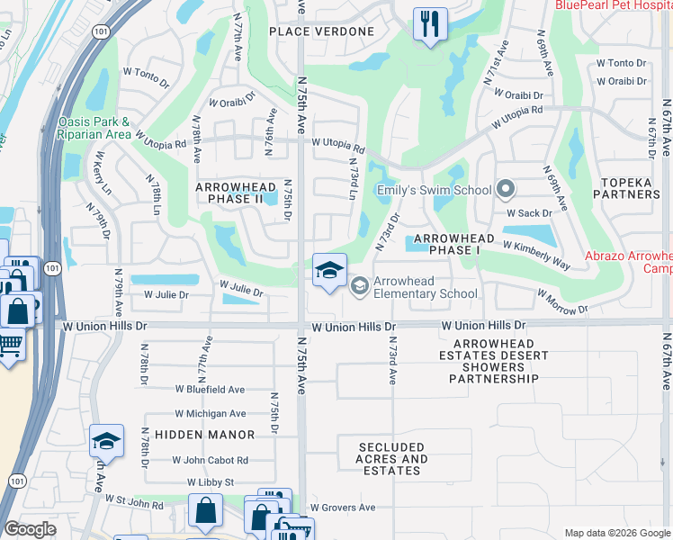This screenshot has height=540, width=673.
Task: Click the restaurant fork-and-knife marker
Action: tap(430, 23)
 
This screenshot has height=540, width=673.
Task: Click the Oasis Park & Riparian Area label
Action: tap(94, 128)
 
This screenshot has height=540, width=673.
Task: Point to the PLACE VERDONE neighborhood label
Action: tap(321, 31)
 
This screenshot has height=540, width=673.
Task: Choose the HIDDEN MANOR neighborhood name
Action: tap(204, 435)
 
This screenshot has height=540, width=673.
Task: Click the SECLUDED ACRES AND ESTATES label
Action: tap(392, 458)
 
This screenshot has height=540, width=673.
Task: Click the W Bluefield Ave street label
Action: tap(210, 390)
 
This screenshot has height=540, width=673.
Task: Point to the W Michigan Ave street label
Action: tap(210, 414)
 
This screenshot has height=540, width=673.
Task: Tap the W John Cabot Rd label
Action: tap(210, 460)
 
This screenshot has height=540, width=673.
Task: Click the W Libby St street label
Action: tap(210, 482)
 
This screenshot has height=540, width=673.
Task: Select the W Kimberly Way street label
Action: tap(536, 256)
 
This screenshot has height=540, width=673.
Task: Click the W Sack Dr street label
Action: tap(527, 214)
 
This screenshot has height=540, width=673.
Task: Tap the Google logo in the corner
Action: tap(30, 529)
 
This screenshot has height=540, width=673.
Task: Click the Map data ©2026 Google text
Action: tap(616, 533)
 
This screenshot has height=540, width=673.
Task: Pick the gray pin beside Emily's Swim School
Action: tap(506, 190)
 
